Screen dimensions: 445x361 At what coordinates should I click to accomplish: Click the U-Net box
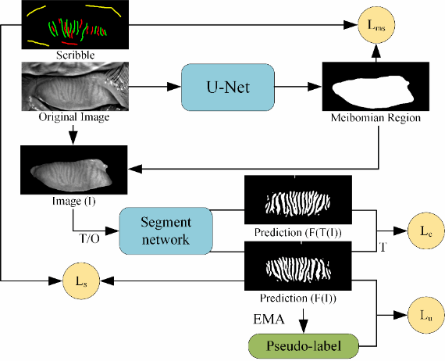pyautogui.click(x=228, y=88)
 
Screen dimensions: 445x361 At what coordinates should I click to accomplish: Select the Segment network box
pyautogui.click(x=166, y=231)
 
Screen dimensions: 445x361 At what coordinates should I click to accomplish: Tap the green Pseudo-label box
pyautogui.click(x=304, y=346)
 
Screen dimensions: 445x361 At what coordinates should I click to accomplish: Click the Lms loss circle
pyautogui.click(x=376, y=25)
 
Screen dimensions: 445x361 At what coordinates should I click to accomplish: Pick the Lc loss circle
pyautogui.click(x=426, y=231)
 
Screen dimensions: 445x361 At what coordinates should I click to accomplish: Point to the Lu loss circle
pyautogui.click(x=426, y=315)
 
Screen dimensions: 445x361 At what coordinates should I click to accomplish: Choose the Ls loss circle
pyautogui.click(x=81, y=281)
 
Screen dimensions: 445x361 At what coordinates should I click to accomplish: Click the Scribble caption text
pyautogui.click(x=75, y=55)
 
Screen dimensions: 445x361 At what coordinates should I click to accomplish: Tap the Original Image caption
pyautogui.click(x=74, y=116)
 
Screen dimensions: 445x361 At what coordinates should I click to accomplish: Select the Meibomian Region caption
pyautogui.click(x=376, y=117)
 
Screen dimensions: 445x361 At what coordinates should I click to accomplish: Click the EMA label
pyautogui.click(x=269, y=320)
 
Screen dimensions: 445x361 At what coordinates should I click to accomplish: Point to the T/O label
pyautogui.click(x=89, y=239)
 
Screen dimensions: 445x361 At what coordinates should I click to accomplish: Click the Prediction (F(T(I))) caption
pyautogui.click(x=298, y=232)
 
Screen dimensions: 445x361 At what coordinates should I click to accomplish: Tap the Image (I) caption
pyautogui.click(x=74, y=201)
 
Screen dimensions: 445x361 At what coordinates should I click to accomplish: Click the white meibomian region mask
pyautogui.click(x=373, y=91)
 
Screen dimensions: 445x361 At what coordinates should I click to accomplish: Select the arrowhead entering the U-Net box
pyautogui.click(x=174, y=87)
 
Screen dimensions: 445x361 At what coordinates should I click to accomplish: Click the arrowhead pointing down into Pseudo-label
pyautogui.click(x=304, y=327)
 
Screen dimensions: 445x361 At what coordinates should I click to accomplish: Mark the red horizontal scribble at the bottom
pyautogui.click(x=69, y=43)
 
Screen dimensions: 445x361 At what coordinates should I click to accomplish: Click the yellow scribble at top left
pyautogui.click(x=36, y=11)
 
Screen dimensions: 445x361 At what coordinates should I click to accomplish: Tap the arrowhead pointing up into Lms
pyautogui.click(x=376, y=50)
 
